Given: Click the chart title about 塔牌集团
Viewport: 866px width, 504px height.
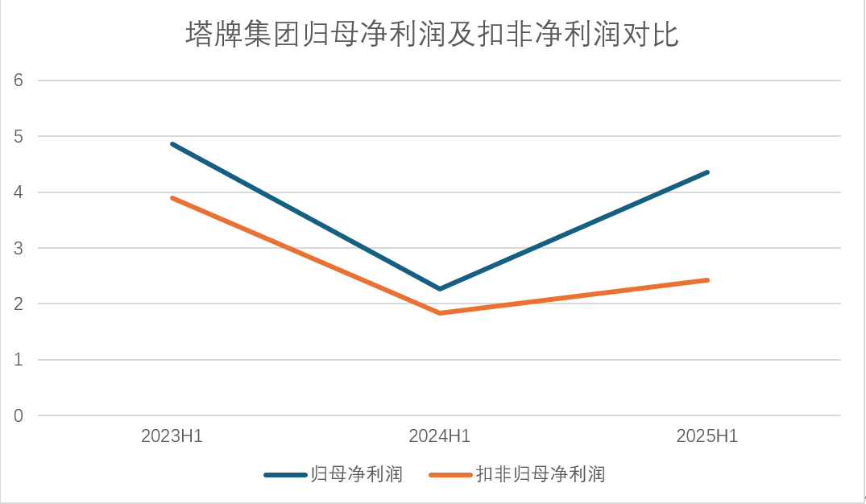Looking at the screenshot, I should [433, 35].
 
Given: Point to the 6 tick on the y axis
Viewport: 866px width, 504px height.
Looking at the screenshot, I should [18, 81].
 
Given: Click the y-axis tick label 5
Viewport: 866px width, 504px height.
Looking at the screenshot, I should [18, 137].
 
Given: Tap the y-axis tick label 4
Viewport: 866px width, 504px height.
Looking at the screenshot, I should [18, 192].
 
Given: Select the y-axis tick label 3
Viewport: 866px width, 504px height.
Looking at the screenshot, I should [18, 249].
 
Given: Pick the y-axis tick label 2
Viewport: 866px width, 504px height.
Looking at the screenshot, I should [18, 304].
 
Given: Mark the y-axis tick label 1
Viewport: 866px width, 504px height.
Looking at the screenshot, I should [18, 360].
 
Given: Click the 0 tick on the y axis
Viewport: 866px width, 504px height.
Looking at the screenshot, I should [18, 416].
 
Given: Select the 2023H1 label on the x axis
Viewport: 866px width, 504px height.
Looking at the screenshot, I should [172, 437].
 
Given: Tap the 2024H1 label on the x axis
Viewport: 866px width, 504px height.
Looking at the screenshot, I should [440, 437].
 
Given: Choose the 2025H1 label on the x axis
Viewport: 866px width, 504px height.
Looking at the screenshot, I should [707, 437].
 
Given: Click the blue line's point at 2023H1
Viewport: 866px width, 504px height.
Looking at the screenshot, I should [172, 144].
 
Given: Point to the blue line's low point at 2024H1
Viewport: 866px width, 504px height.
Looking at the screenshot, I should [440, 289].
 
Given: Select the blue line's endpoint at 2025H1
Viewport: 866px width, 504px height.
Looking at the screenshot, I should [707, 172].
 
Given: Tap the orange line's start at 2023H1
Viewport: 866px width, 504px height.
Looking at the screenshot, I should [172, 197].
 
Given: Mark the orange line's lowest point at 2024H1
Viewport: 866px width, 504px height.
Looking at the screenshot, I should [440, 312].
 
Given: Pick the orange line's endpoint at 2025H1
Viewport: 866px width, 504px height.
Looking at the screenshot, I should [707, 280].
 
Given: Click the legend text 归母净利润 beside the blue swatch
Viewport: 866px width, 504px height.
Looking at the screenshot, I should [357, 474].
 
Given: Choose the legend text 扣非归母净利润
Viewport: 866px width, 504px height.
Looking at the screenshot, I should [540, 474].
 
